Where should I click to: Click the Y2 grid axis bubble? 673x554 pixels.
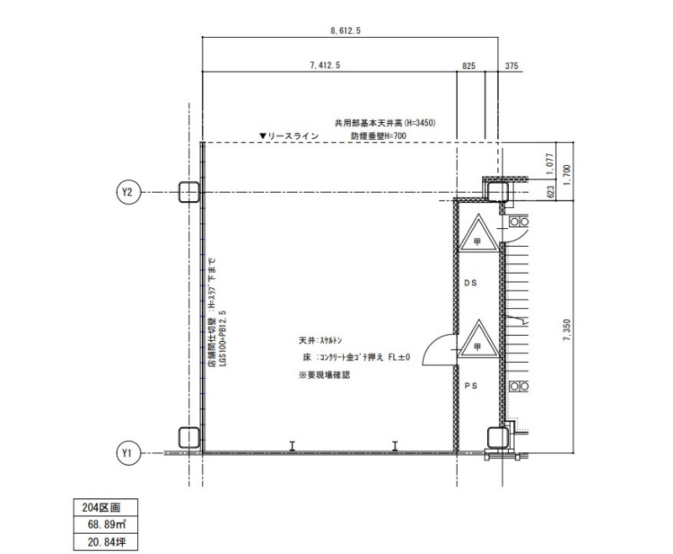pyautogui.click(x=127, y=192)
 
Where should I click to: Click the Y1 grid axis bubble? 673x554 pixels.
pyautogui.click(x=128, y=453)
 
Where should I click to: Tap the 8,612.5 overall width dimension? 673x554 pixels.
pyautogui.click(x=346, y=30)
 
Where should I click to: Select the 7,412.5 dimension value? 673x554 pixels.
pyautogui.click(x=325, y=66)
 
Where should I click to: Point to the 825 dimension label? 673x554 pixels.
pyautogui.click(x=469, y=66)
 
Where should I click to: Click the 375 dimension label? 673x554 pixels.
pyautogui.click(x=511, y=66)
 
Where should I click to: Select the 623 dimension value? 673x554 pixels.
pyautogui.click(x=551, y=191)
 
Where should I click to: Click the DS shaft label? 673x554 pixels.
pyautogui.click(x=470, y=283)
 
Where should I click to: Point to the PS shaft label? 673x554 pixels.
pyautogui.click(x=471, y=386)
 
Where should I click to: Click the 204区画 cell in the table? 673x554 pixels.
pyautogui.click(x=101, y=507)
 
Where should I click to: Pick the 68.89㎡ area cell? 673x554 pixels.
pyautogui.click(x=107, y=525)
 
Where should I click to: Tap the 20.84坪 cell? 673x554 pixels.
pyautogui.click(x=107, y=542)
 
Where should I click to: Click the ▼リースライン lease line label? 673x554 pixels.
pyautogui.click(x=289, y=136)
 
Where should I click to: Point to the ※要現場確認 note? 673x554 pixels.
pyautogui.click(x=324, y=375)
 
